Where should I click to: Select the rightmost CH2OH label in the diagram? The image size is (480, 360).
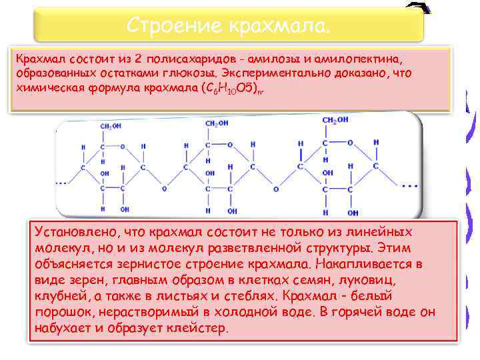pyautogui.click(x=335, y=121)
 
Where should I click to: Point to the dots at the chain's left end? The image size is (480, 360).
pyautogui.click(x=64, y=181)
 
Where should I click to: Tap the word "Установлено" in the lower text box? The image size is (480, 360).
pyautogui.click(x=73, y=232)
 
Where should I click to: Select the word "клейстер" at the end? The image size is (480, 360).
pyautogui.click(x=199, y=329)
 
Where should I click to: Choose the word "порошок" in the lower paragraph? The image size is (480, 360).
pyautogui.click(x=61, y=313)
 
